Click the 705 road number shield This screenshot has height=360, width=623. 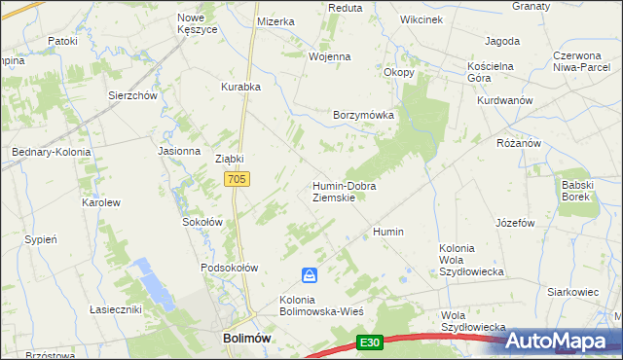[238, 179]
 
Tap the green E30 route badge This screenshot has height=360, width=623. [368, 342]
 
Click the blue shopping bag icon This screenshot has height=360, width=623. [309, 275]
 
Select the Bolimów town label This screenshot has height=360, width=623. [238, 337]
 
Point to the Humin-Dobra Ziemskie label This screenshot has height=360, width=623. [344, 191]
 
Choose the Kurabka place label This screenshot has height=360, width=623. [240, 87]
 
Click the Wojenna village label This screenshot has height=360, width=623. [329, 56]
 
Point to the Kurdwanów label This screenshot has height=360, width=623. [504, 100]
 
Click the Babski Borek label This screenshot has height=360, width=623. [576, 190]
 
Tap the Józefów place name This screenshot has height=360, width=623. [516, 222]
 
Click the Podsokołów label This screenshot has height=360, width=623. [229, 268]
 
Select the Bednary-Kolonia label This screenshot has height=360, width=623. [51, 153]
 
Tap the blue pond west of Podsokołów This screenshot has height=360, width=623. [154, 285]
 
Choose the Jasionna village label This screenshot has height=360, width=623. [178, 152]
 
